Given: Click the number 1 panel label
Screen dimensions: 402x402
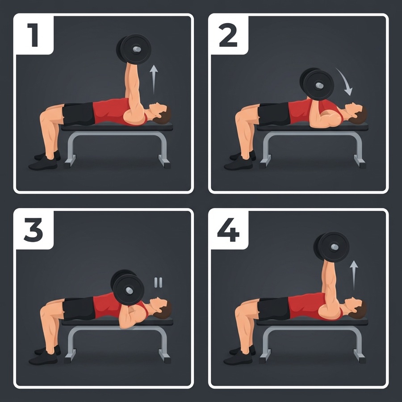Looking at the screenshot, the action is (33, 35).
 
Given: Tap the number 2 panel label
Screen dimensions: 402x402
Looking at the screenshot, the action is (228, 35).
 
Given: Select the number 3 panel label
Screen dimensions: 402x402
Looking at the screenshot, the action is (33, 230).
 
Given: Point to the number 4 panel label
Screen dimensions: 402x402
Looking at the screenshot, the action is (228, 230).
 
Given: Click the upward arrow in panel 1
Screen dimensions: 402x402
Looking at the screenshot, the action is (154, 80).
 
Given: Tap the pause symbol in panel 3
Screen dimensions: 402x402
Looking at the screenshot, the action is (158, 282).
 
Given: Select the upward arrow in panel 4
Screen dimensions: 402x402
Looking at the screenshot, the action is (354, 275).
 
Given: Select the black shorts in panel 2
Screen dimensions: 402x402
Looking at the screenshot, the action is (274, 113).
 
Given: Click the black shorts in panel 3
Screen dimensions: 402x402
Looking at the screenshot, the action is (79, 309).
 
